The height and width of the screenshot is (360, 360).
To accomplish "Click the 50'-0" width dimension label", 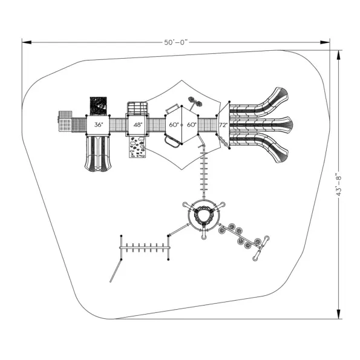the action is point(176,42).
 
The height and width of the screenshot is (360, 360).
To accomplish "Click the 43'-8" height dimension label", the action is point(339,184).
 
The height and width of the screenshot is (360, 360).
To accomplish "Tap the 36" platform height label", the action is point(99,125).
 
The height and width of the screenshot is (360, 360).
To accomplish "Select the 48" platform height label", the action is point(138,125).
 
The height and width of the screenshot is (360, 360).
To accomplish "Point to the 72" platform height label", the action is point(223,125).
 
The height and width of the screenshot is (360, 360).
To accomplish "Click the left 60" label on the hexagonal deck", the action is point(174,125).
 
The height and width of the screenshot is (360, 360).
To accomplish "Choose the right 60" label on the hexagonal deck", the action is point(191,125).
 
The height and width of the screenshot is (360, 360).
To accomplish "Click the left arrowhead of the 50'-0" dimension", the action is point(27,42).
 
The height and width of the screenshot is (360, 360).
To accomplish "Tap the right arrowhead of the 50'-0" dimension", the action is point(325,42).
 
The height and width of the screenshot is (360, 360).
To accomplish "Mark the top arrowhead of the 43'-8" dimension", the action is point(339,55).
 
